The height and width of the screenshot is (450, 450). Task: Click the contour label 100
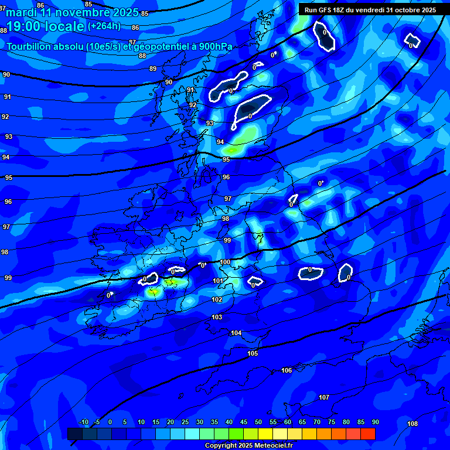[x=225, y=262]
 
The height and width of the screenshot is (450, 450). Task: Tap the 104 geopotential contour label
[x=236, y=333]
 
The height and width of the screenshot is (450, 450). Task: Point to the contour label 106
[x=287, y=370]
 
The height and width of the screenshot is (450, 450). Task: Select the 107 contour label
[x=324, y=397]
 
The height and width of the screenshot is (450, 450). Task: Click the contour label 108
[x=412, y=424]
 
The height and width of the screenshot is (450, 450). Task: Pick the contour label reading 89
[x=154, y=69]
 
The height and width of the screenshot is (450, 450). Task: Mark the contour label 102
[x=217, y=299]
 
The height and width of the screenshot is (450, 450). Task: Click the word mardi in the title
[x=21, y=12]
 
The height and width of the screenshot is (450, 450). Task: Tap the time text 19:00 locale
[x=45, y=26]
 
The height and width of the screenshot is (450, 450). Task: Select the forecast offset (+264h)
[x=104, y=26]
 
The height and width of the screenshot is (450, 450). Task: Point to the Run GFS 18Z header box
[x=370, y=9]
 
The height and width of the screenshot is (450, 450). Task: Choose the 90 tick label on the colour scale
[x=376, y=422]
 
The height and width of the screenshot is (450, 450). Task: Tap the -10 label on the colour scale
[x=83, y=422]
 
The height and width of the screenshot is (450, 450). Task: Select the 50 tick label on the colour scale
[x=258, y=422]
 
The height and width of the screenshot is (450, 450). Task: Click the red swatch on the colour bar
[x=368, y=434]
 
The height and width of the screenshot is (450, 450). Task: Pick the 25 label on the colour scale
[x=185, y=422]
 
